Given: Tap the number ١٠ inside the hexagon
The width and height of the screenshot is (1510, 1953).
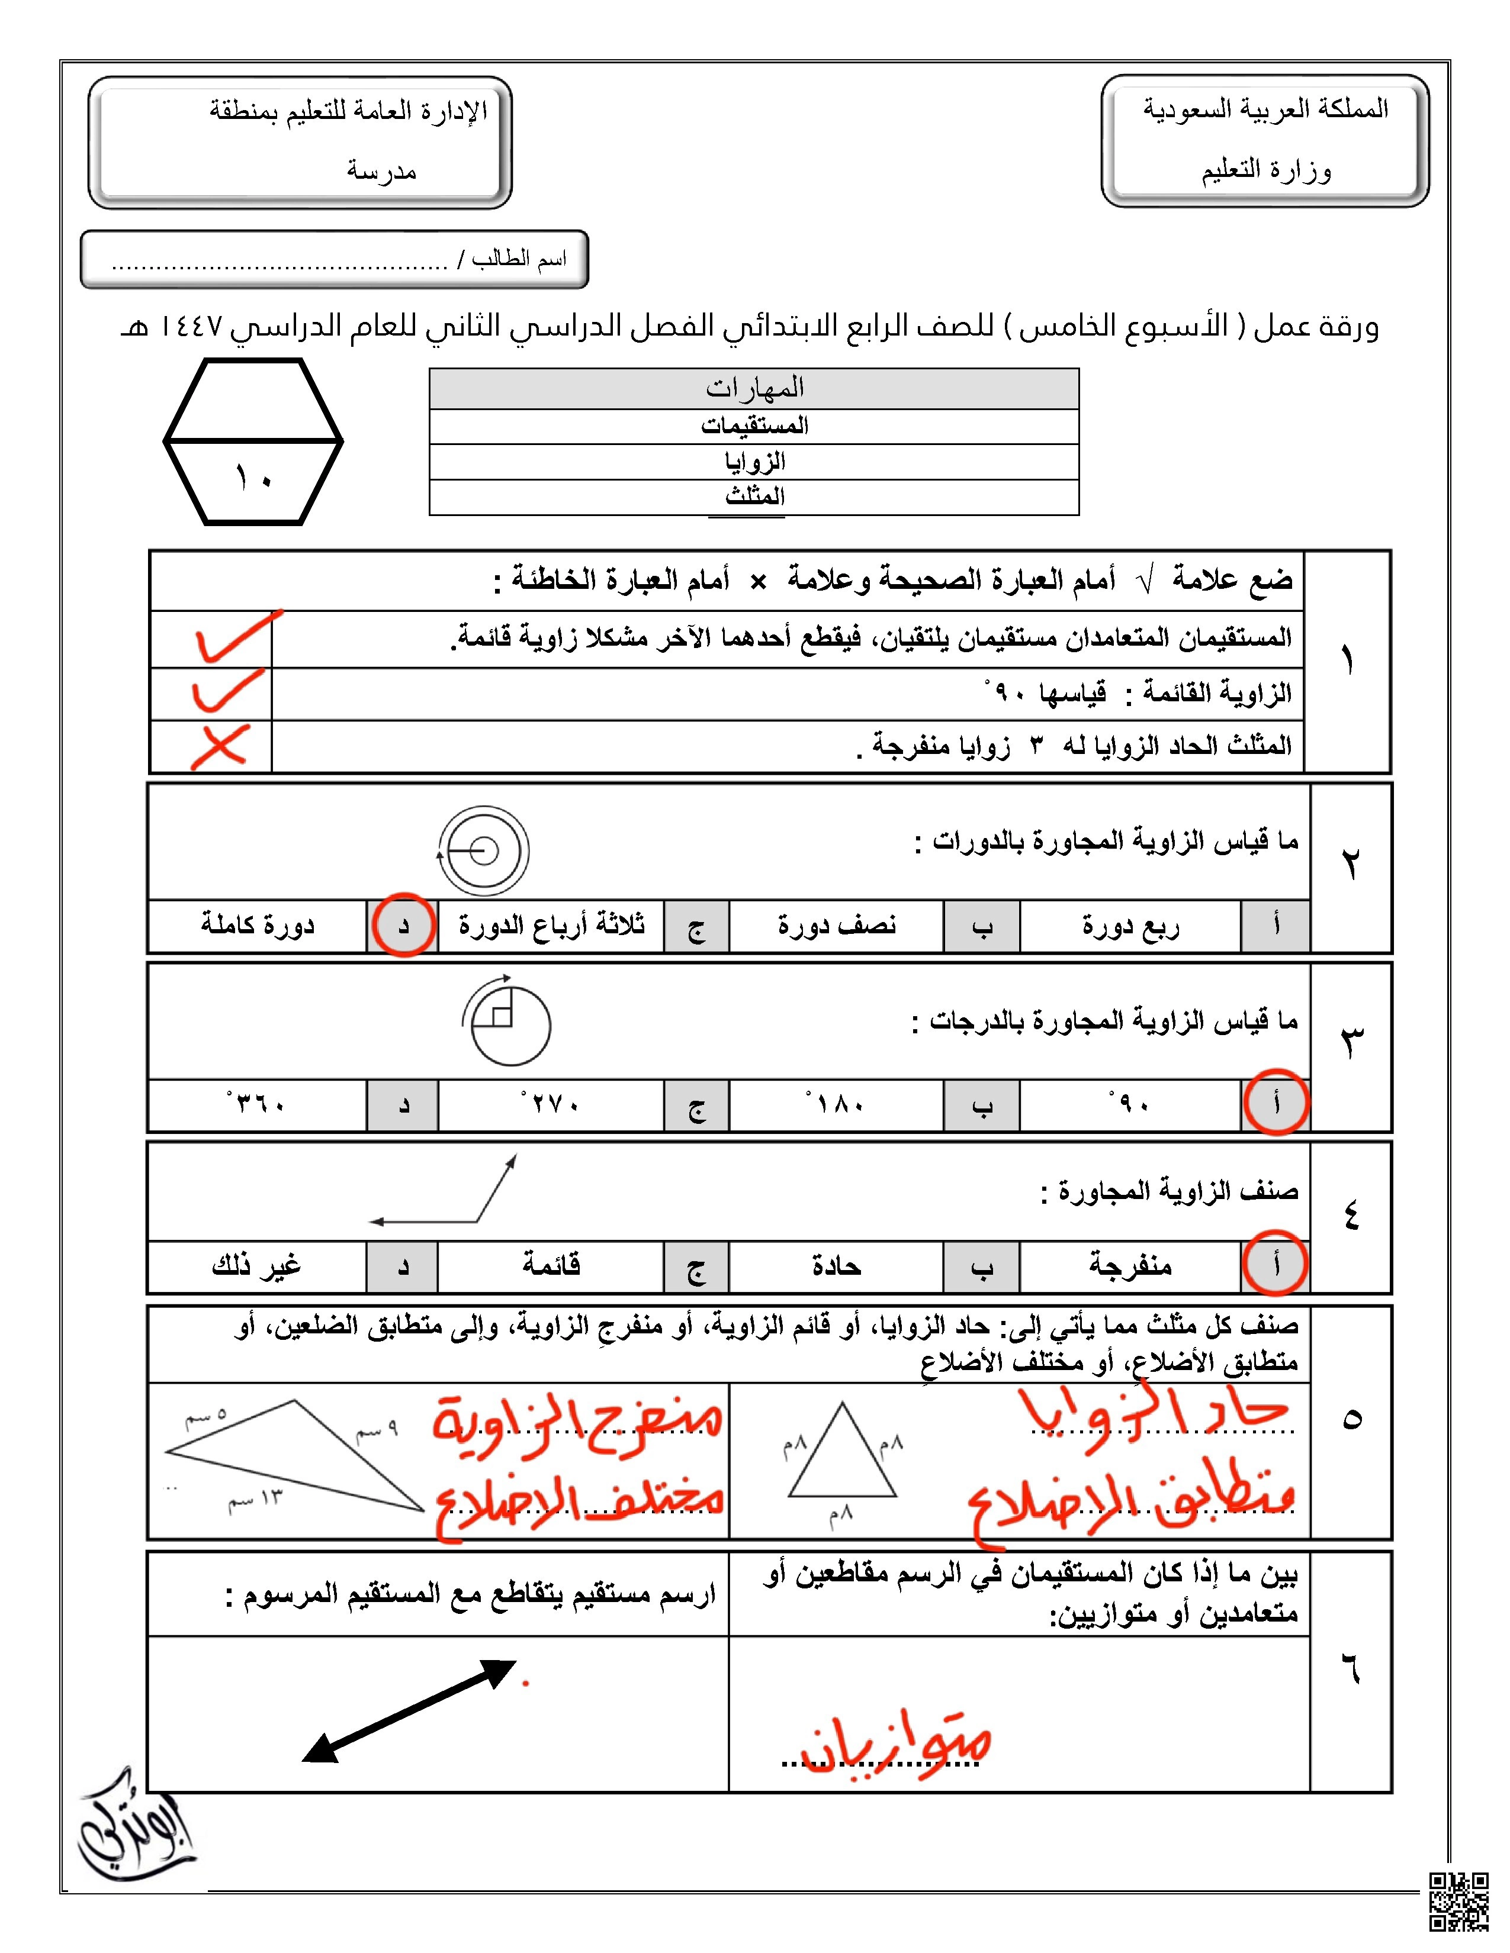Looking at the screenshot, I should (x=253, y=478).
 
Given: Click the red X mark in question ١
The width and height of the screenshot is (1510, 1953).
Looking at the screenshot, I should (x=219, y=746).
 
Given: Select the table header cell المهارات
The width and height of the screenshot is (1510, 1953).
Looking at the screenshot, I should (x=754, y=388).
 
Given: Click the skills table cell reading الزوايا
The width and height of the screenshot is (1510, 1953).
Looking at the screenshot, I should (x=754, y=462).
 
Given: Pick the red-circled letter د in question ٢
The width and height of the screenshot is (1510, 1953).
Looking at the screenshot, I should (x=403, y=924).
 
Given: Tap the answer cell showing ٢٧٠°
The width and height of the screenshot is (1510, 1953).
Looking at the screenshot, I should (x=550, y=1104).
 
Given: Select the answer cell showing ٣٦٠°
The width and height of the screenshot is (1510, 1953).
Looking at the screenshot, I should (x=257, y=1104).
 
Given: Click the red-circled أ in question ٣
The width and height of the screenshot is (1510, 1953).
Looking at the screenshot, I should (x=1276, y=1103).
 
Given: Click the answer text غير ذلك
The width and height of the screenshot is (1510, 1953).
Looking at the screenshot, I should (x=257, y=1265).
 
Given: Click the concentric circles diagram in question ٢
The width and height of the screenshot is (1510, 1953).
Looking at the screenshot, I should (x=483, y=850).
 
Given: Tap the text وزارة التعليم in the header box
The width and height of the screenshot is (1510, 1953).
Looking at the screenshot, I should (x=1266, y=170).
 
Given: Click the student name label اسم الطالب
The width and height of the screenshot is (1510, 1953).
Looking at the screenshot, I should (x=519, y=259).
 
